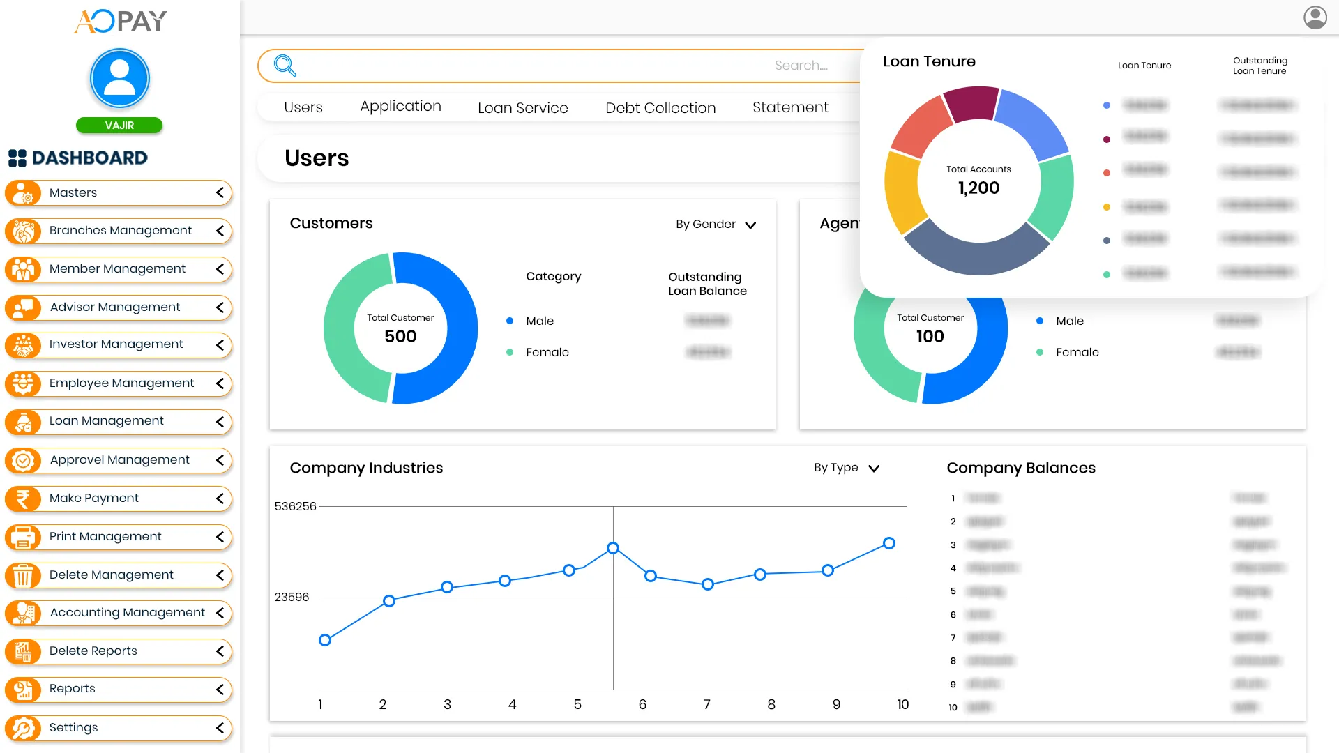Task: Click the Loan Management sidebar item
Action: point(106,421)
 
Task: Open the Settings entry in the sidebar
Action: point(73,727)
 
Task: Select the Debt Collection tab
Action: point(660,107)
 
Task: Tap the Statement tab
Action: point(789,107)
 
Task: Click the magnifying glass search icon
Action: point(285,66)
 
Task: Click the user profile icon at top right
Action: point(1315,17)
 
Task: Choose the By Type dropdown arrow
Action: point(874,469)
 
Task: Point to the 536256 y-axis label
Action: point(295,506)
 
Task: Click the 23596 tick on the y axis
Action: point(292,598)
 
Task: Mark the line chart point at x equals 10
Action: point(888,543)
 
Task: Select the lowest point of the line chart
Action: point(325,640)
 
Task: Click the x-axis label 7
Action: point(706,705)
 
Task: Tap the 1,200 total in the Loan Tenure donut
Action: point(978,188)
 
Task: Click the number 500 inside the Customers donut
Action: point(400,337)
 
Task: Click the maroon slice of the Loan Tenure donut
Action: point(971,103)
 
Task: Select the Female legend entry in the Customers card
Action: point(547,353)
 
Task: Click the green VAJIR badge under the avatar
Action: point(119,125)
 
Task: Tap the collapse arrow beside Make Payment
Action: point(220,499)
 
